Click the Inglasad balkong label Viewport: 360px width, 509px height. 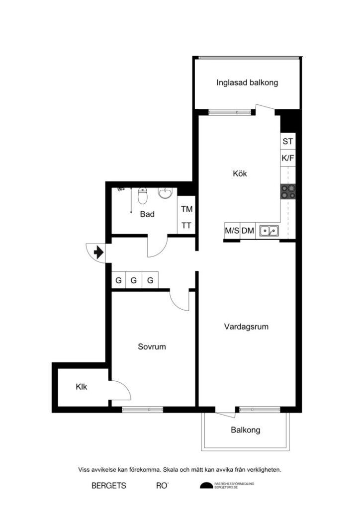[247, 83]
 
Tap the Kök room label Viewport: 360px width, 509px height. [240, 174]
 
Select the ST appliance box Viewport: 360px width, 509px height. [288, 142]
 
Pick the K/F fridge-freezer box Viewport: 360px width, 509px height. [288, 159]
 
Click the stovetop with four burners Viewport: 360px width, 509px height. [288, 192]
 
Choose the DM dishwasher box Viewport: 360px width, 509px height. [248, 231]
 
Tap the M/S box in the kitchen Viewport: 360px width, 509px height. [232, 231]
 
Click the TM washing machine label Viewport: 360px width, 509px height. [186, 209]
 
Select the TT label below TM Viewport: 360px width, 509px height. [186, 225]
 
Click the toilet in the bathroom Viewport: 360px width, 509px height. [143, 197]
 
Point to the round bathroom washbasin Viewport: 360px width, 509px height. [165, 193]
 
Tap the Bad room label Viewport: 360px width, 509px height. [147, 215]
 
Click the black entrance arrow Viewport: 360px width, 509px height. [98, 253]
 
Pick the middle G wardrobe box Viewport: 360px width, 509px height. [134, 280]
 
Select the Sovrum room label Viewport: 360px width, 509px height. [152, 347]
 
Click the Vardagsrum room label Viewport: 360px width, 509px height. [246, 327]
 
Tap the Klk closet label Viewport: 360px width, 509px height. [82, 387]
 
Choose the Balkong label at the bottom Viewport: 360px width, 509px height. [245, 430]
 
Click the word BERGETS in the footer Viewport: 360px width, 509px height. [109, 486]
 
